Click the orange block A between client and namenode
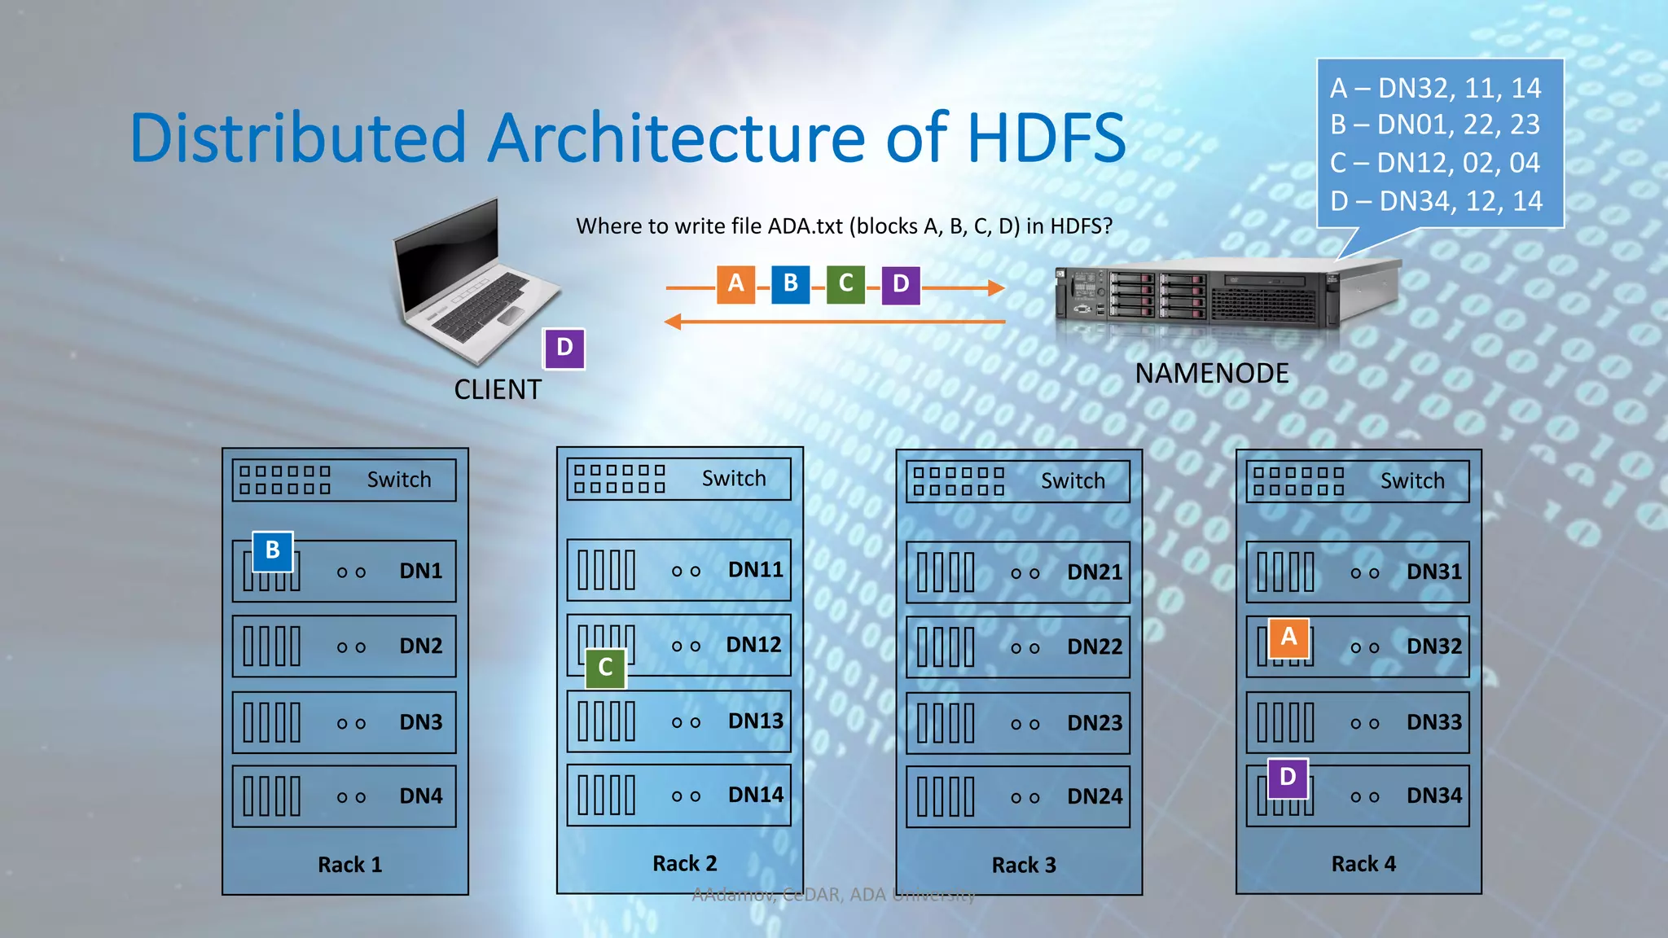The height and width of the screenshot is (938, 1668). pos(735,284)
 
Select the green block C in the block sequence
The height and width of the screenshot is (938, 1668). pos(845,284)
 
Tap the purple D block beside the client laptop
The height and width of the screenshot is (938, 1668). pos(564,348)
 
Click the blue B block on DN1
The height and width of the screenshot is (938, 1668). pos(273,551)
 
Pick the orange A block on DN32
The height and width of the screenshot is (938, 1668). pos(1288,638)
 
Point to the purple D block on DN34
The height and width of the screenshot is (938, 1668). pos(1288,778)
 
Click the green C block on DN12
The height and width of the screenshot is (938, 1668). pos(605,668)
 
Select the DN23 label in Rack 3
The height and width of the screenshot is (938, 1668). pos(1095,723)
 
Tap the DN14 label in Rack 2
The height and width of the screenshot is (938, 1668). pos(755,795)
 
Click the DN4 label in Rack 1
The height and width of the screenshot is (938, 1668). pos(420,796)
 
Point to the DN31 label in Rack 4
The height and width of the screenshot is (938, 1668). pos(1434,572)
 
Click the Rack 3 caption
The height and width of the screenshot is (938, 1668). pos(1024,866)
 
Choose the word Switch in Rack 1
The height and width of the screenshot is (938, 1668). pos(399,480)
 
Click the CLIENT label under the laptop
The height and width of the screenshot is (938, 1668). pos(498,390)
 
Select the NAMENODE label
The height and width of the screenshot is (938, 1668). pos(1212,374)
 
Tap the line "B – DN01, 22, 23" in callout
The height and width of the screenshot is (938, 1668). pos(1435,125)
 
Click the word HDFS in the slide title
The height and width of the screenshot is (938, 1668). pos(1047,138)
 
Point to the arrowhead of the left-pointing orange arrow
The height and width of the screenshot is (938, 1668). pos(673,322)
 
